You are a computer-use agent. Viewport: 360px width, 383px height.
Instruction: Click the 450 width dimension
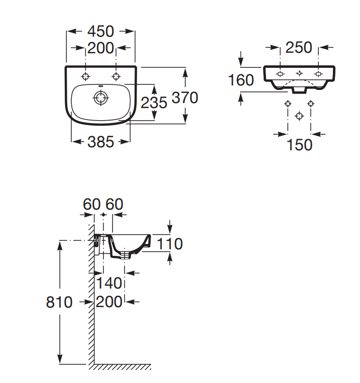tap(101, 31)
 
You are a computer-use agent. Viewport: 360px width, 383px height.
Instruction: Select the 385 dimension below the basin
tap(101, 142)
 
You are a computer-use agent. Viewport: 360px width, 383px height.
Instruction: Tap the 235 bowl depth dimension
tap(154, 103)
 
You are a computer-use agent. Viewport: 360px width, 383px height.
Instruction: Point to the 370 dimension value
tap(185, 98)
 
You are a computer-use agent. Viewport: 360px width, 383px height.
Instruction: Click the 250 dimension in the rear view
tap(299, 47)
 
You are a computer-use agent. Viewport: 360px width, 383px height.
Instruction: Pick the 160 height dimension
tap(241, 80)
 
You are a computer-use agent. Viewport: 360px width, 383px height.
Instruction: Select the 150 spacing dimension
tap(299, 145)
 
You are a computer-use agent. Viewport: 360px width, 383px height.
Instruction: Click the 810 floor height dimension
tap(59, 302)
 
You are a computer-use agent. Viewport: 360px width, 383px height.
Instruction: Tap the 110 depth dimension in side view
tap(170, 244)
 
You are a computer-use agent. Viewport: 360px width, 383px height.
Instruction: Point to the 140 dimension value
tap(109, 283)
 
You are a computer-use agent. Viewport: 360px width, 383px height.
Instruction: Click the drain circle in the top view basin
tap(100, 98)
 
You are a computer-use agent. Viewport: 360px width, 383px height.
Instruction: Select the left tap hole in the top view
tap(85, 76)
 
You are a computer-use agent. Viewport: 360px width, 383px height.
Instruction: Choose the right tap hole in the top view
tap(116, 76)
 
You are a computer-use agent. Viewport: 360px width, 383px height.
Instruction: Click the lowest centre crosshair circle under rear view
tap(299, 116)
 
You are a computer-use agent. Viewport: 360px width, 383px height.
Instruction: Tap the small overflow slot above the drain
tap(100, 86)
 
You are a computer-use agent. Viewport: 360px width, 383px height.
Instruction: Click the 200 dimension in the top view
tap(100, 48)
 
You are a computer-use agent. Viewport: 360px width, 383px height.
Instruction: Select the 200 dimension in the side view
tap(109, 302)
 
